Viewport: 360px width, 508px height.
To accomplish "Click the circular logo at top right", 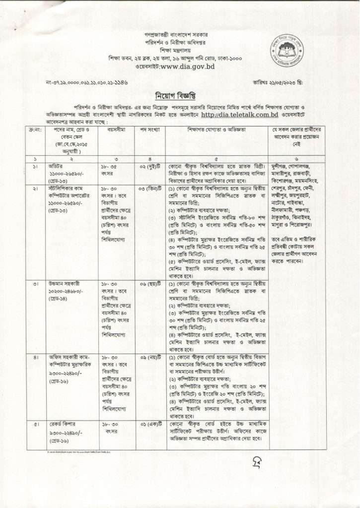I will click(284, 50).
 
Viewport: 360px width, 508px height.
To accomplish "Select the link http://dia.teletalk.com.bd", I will click(239, 115).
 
